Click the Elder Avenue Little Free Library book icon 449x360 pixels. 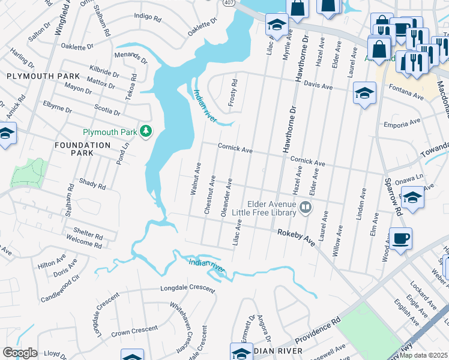point(306,208)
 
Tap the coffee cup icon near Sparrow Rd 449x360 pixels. point(400,238)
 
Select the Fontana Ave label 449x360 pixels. point(403,93)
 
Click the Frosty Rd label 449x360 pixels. point(234,92)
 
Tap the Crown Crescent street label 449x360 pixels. point(134,329)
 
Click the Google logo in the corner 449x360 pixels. point(20,353)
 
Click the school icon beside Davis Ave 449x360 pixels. point(364,93)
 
